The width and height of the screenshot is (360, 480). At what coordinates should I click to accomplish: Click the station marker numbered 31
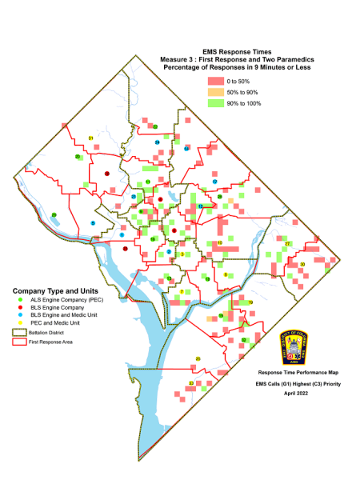[91, 138]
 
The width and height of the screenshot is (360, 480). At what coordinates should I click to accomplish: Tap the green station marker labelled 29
[54, 214]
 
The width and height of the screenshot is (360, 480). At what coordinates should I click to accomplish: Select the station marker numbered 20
[78, 157]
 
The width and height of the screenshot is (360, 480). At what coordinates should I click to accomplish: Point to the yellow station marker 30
[302, 263]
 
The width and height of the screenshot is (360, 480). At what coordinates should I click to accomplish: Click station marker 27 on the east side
[288, 243]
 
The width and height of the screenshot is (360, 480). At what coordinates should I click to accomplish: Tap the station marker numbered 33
[190, 384]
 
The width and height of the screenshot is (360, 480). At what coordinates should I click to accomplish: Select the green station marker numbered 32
[243, 340]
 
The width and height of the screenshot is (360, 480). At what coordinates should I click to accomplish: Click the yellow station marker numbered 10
[219, 242]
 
